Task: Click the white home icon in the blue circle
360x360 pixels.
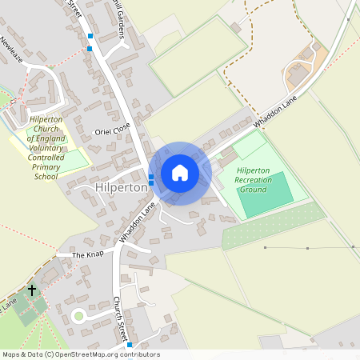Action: [x=180, y=173]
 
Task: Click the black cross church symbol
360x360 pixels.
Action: [x=32, y=290]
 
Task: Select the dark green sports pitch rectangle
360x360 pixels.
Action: [x=264, y=194]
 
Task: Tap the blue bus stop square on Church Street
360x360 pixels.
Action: [x=130, y=345]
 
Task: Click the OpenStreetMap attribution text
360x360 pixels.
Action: [x=80, y=354]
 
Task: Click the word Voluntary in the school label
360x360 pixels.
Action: [x=45, y=148]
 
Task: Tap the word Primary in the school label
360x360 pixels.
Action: [x=45, y=166]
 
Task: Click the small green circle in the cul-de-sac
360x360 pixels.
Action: [x=78, y=316]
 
